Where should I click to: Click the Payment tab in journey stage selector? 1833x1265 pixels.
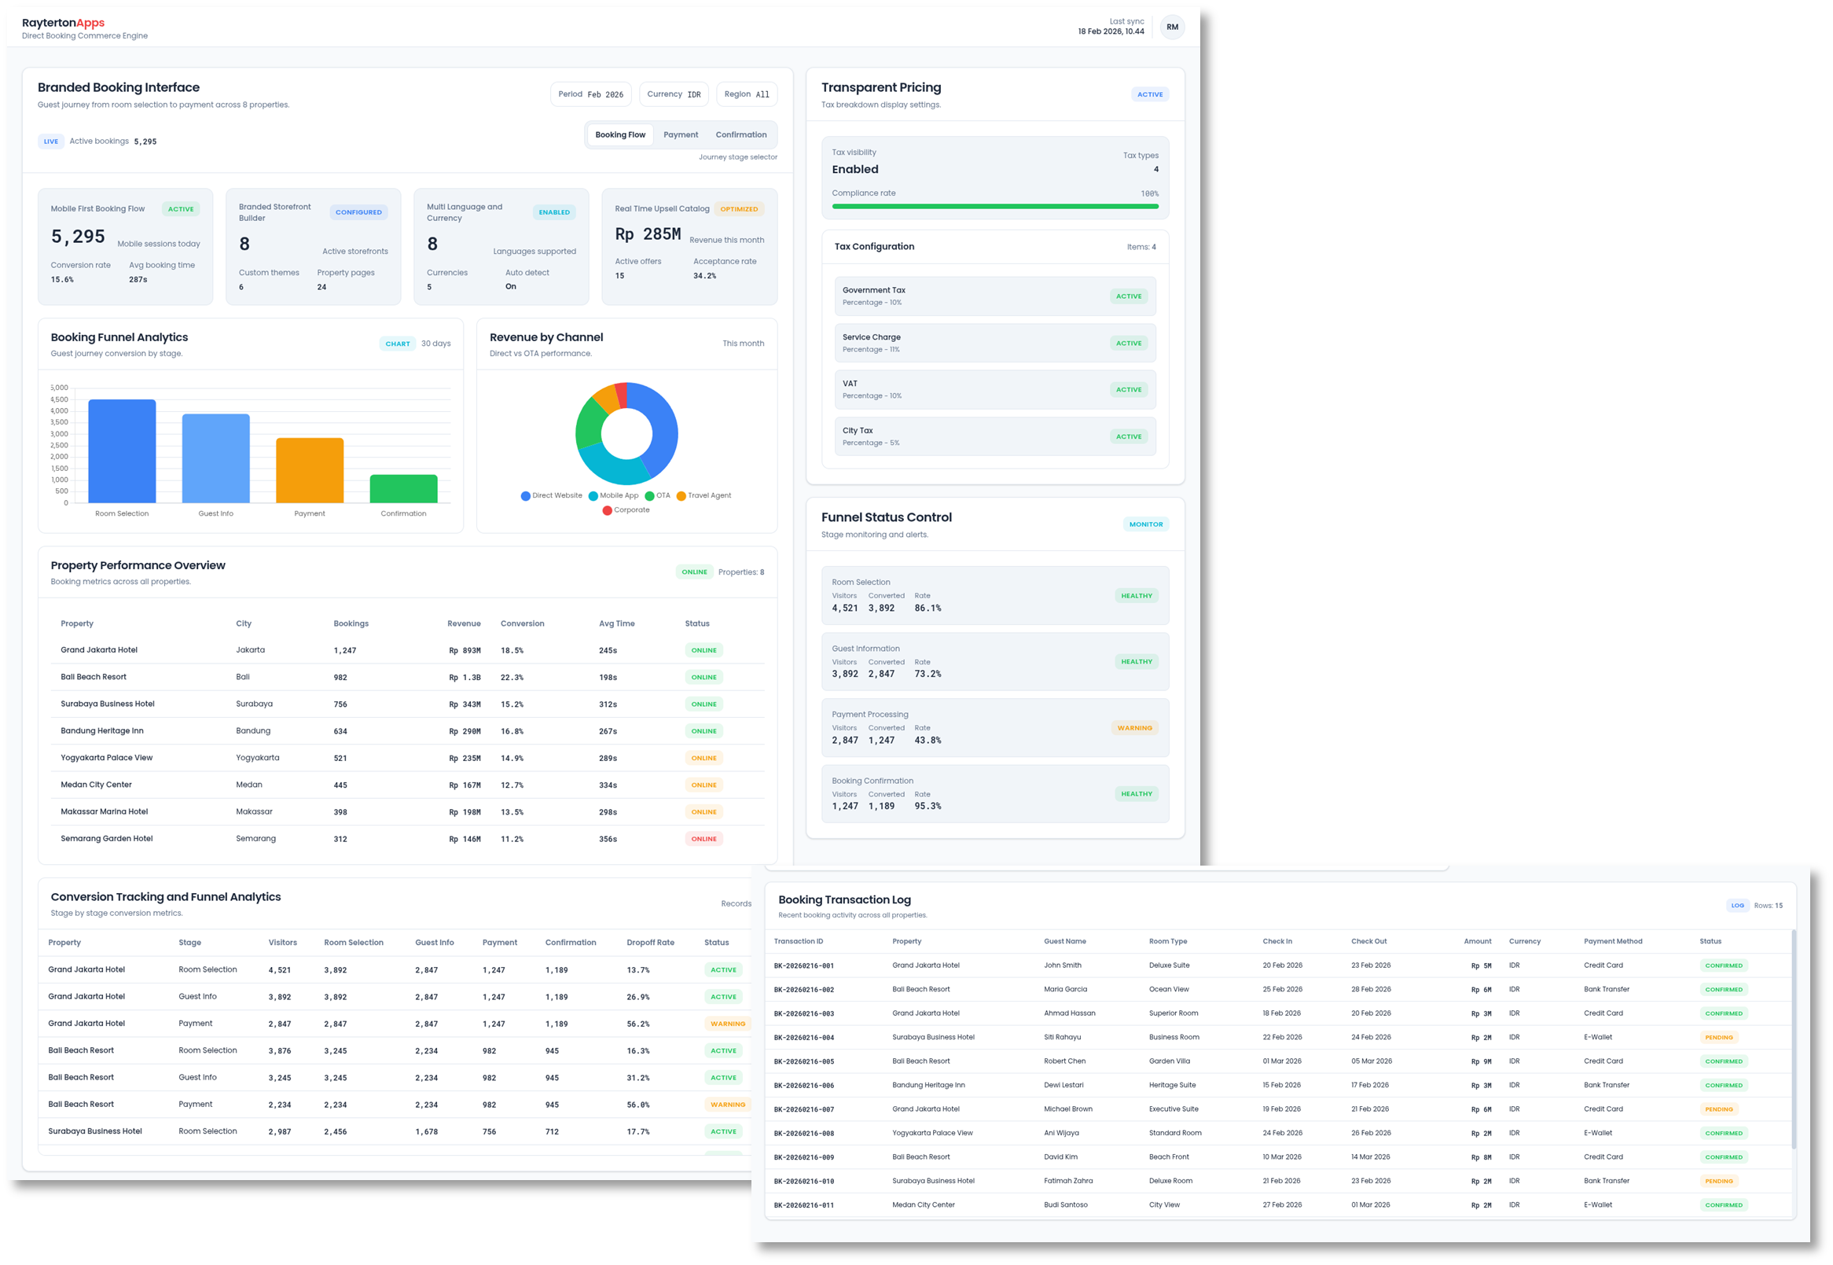coord(680,134)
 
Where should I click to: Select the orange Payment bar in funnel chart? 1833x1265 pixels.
coord(309,470)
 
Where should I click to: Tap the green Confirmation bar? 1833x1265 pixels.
coord(403,488)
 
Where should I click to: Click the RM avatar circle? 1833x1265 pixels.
coord(1171,27)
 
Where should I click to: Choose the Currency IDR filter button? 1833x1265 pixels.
coord(673,94)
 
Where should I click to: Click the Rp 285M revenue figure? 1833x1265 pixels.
coord(648,234)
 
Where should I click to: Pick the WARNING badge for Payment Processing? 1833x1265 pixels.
coord(1134,727)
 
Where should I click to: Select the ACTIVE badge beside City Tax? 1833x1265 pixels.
coord(1128,436)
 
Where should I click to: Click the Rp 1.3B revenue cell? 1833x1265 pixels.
coord(465,678)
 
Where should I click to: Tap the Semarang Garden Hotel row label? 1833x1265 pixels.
coord(106,839)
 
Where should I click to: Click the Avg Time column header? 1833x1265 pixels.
coord(615,623)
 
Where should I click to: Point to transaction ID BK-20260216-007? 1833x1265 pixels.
coord(803,1109)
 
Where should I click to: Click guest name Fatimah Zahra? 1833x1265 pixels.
coord(1067,1181)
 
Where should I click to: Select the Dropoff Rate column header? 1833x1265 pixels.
coord(650,943)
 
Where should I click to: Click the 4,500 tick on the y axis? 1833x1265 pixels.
coord(60,399)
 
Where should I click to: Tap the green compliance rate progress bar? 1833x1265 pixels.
coord(994,206)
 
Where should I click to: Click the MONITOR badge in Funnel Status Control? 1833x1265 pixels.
coord(1145,524)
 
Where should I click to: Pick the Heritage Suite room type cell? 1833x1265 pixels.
coord(1172,1085)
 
